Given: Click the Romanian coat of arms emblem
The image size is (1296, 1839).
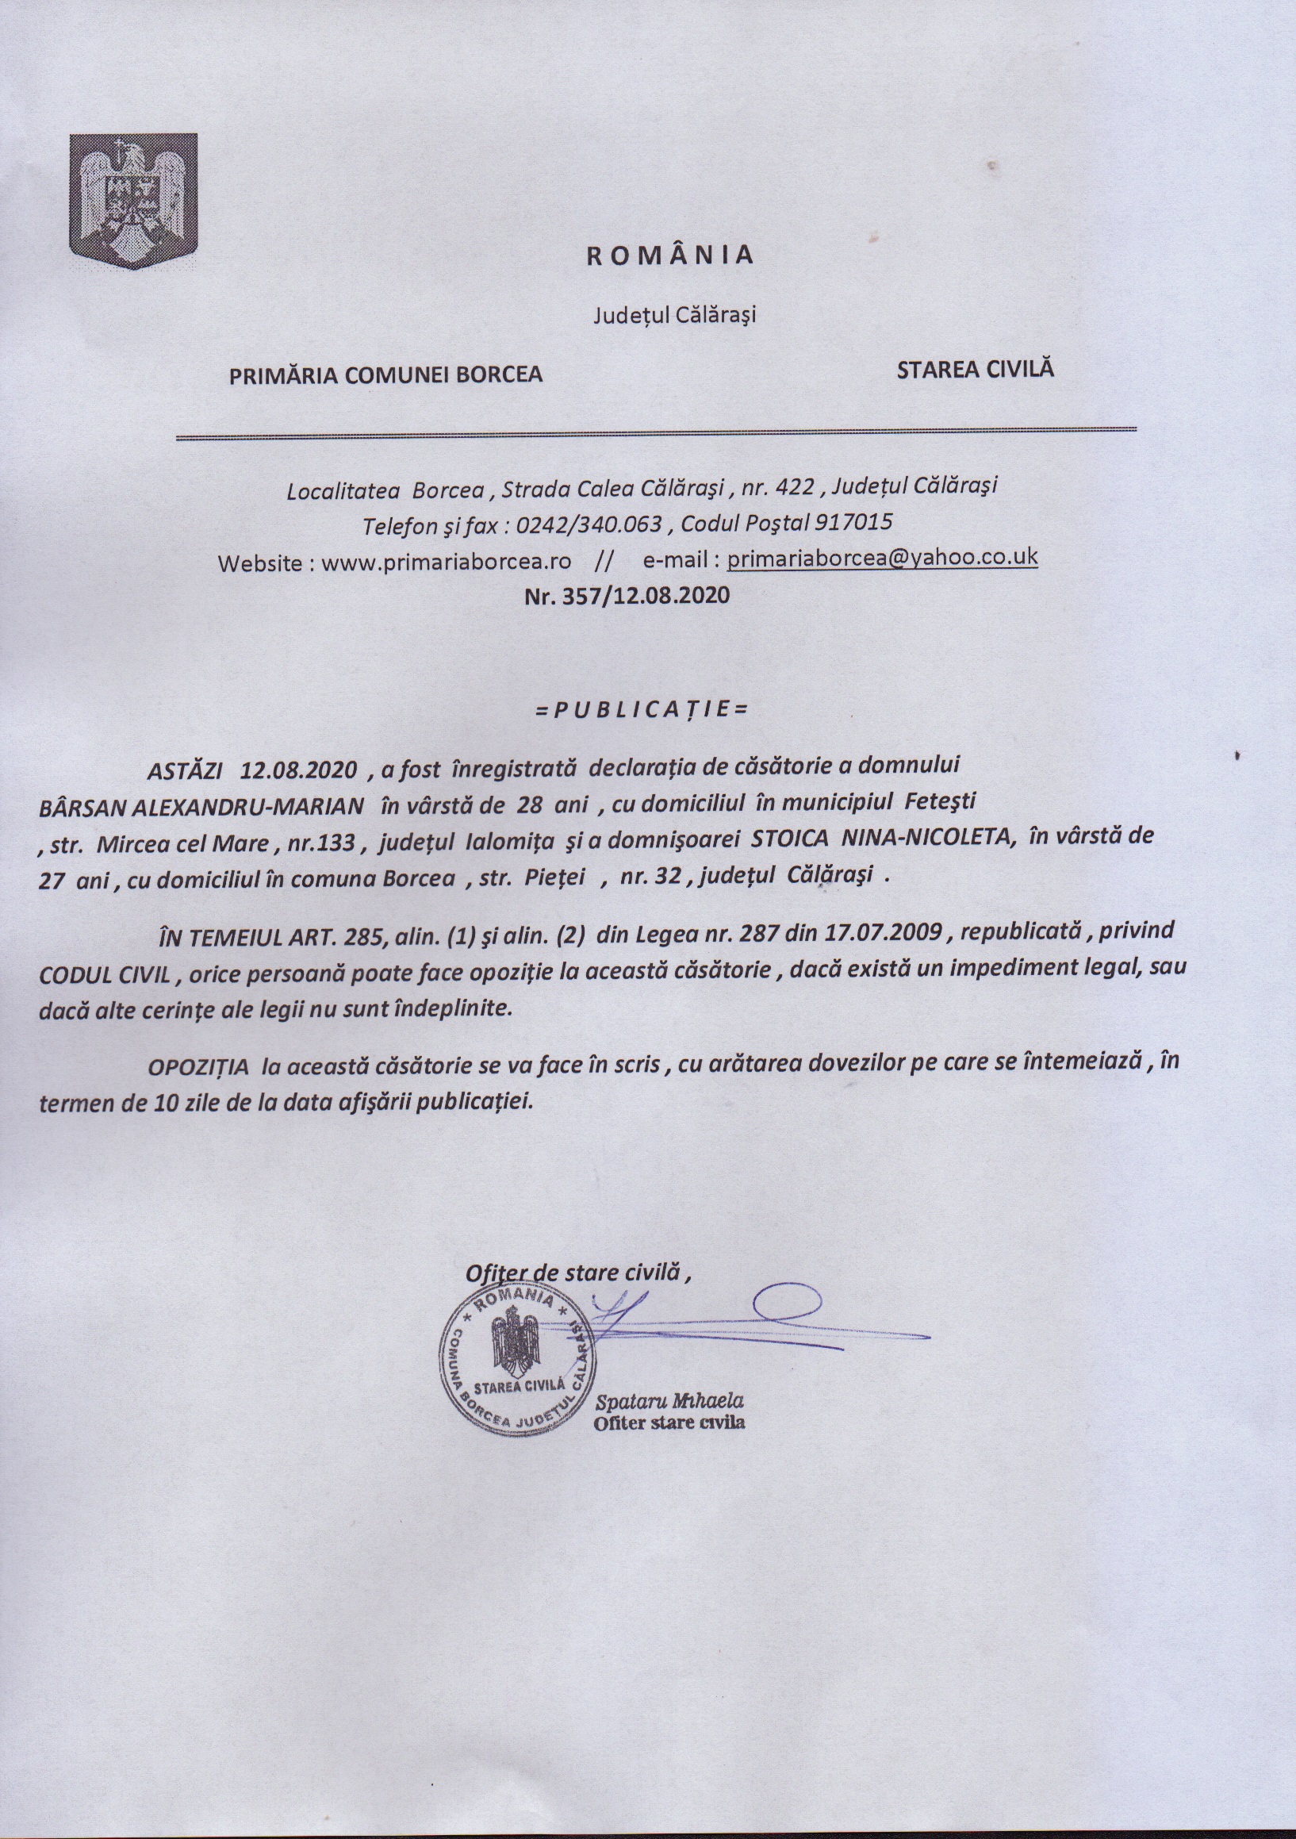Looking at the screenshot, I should coord(133,201).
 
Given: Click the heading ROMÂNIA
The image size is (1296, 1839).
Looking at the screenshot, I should coord(670,255).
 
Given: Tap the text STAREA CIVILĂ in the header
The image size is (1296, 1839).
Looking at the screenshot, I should coord(975,369).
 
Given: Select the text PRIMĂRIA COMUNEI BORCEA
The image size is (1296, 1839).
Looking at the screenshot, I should coord(385,374).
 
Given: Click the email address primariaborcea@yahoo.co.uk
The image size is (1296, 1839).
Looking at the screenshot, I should coord(882,558).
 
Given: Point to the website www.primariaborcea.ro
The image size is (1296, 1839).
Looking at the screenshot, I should coord(447,562).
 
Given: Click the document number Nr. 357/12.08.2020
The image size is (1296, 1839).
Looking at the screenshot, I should coord(627,596).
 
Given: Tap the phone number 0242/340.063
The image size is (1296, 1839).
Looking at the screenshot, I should coord(589,525).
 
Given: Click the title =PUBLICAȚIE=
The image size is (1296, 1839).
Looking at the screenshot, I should coord(641,709).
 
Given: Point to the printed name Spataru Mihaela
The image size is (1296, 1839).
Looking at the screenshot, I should coord(669,1401).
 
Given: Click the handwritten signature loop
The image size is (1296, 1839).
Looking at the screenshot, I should coord(789,1303).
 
